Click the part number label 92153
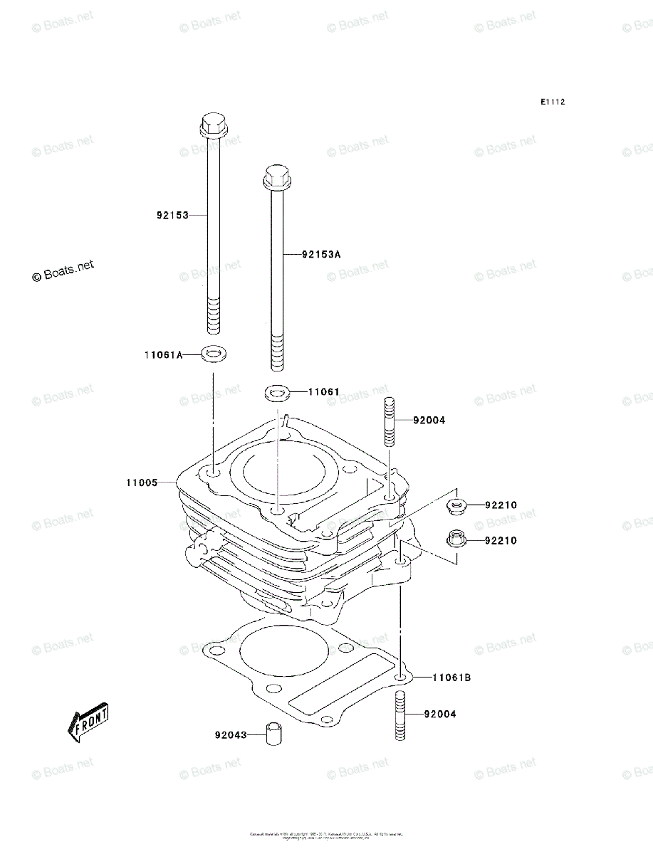(x=172, y=215)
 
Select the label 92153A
(x=321, y=254)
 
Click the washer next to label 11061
(x=277, y=391)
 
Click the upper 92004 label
(x=429, y=421)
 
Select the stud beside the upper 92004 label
(x=390, y=421)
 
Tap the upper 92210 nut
(x=456, y=506)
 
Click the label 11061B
(x=451, y=678)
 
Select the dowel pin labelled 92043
(x=272, y=734)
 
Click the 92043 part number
(x=230, y=735)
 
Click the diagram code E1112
(x=552, y=102)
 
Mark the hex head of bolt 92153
(x=211, y=125)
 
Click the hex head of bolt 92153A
(x=276, y=177)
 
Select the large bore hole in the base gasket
(x=285, y=652)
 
